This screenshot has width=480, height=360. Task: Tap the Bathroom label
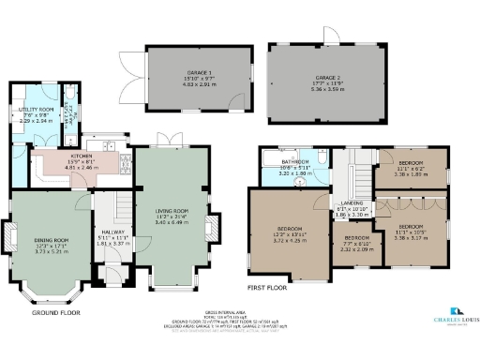[296, 162]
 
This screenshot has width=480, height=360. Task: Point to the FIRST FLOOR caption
[267, 290]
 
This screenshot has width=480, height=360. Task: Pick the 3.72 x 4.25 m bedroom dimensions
[289, 240]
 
